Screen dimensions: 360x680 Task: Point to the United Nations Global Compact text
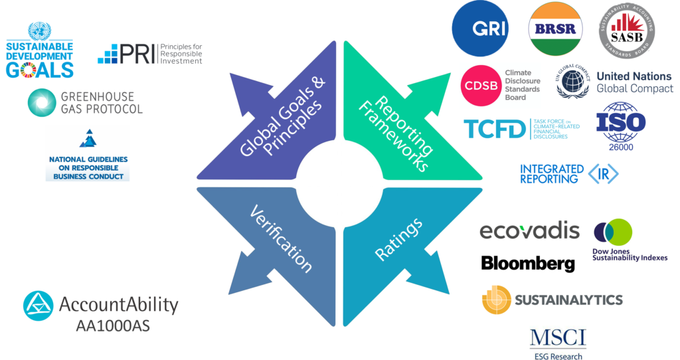[634, 82]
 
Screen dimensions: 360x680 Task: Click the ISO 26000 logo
[620, 126]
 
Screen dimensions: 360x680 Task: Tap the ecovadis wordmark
[529, 231]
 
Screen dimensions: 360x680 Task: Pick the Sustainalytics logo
[552, 300]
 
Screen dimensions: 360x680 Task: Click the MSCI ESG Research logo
[558, 343]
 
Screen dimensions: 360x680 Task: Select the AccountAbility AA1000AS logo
[105, 310]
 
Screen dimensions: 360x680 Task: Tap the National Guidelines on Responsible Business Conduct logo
[87, 153]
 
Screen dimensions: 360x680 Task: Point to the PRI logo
[149, 53]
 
